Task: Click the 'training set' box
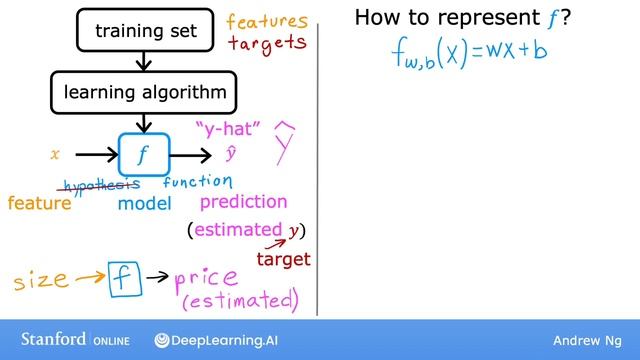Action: [x=146, y=30]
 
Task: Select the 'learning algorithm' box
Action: [x=146, y=94]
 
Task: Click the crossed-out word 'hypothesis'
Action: [x=101, y=184]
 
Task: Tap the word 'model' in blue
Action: [x=145, y=203]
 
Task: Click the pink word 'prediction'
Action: [x=243, y=202]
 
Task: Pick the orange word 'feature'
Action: [x=40, y=204]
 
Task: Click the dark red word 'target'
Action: [x=283, y=259]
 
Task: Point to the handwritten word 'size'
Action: [x=41, y=281]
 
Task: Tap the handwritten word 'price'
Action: [x=206, y=278]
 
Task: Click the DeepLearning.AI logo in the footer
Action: [x=225, y=341]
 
